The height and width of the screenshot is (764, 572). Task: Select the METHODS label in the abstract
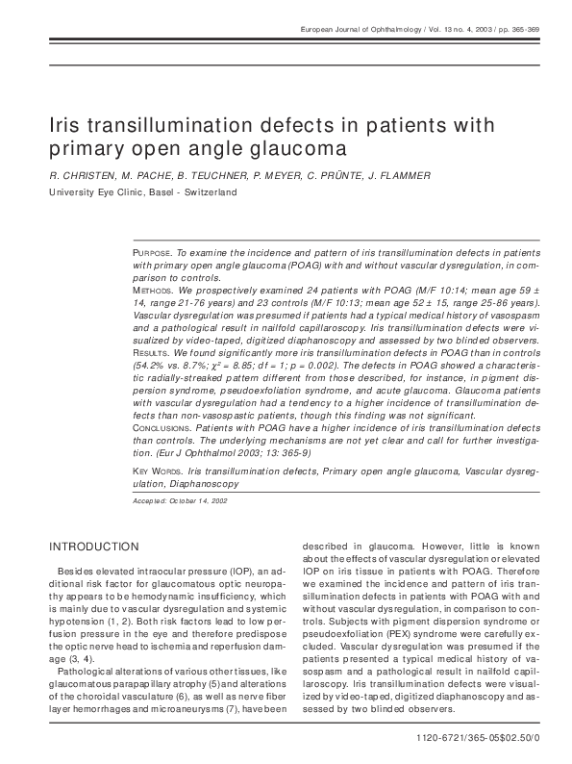pos(153,290)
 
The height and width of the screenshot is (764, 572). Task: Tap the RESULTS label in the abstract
pos(152,353)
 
